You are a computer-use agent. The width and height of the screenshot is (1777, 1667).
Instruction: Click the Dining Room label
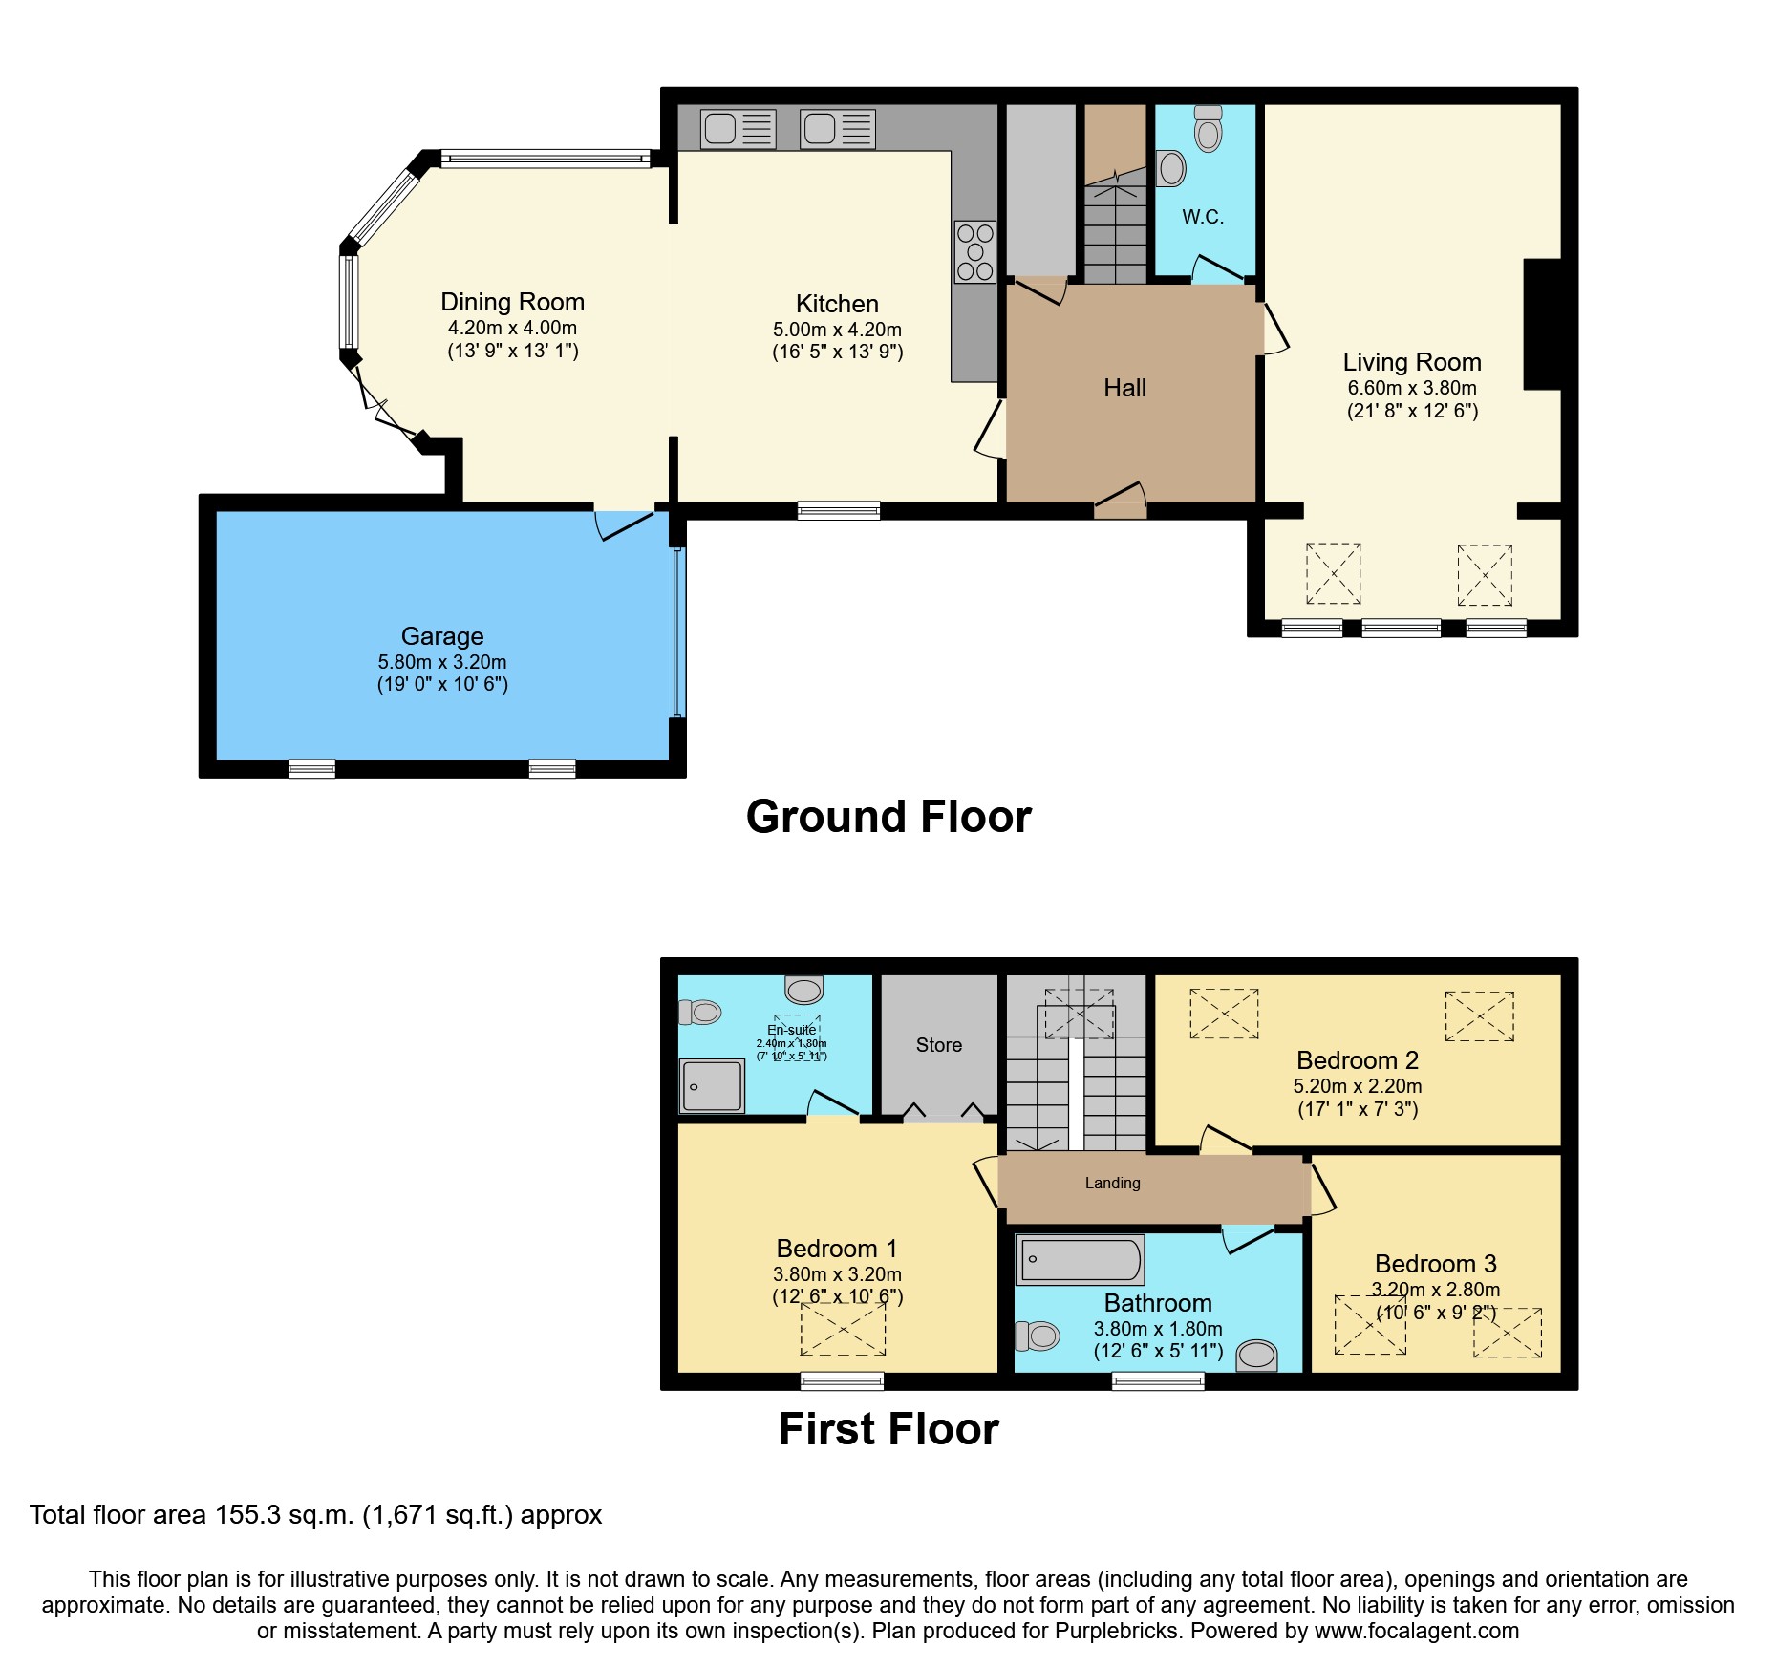click(x=512, y=302)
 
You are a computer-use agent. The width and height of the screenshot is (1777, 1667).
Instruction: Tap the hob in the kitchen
click(x=974, y=252)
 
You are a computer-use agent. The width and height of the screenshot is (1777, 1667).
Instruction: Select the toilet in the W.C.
click(x=1209, y=130)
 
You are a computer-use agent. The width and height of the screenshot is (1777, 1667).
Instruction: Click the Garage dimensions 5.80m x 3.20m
click(x=441, y=662)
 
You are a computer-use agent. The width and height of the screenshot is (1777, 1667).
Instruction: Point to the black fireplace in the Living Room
click(x=1542, y=324)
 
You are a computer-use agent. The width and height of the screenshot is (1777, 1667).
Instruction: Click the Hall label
click(x=1124, y=388)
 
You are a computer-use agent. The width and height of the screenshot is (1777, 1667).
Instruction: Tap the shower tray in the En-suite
click(x=712, y=1086)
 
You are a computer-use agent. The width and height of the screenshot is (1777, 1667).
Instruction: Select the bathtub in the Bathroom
click(x=1080, y=1260)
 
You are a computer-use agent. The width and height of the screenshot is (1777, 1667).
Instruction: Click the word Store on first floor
click(x=938, y=1045)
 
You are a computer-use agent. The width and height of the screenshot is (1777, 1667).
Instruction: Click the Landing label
click(x=1112, y=1183)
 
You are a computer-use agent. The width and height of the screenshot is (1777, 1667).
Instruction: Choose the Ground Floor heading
click(x=888, y=817)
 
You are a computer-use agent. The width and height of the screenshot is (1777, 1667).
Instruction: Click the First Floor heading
click(x=888, y=1429)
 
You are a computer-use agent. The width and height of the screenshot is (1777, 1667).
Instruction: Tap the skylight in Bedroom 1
click(x=843, y=1329)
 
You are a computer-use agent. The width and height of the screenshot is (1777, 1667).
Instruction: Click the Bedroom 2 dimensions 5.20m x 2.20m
click(x=1357, y=1086)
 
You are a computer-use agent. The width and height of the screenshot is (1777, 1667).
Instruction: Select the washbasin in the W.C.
click(x=1171, y=169)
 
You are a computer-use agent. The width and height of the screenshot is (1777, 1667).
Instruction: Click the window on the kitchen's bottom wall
click(x=839, y=511)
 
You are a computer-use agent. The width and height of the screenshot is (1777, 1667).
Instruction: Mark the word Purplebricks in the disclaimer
click(x=1116, y=1631)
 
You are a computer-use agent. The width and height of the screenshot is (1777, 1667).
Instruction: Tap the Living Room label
click(x=1411, y=362)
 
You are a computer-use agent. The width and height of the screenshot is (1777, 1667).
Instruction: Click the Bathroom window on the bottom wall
click(x=1158, y=1380)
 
